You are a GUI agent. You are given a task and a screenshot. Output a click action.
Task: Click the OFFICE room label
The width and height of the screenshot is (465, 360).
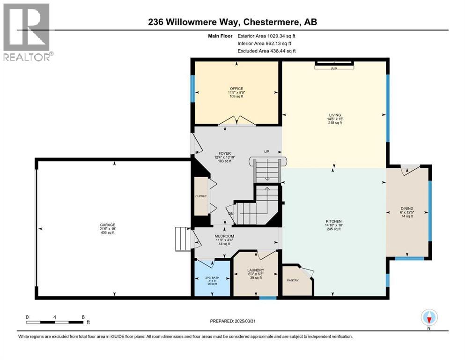[236, 89]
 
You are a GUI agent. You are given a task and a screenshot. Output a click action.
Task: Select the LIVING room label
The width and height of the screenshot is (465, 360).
[334, 115]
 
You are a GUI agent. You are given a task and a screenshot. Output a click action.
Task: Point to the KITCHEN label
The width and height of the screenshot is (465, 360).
[334, 221]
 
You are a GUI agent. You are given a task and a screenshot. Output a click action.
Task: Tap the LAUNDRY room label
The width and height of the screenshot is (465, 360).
[256, 270]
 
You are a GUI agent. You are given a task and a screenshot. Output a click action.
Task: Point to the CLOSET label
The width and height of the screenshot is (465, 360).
[201, 196]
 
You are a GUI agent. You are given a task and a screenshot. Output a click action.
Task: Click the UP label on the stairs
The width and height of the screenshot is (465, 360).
[267, 151]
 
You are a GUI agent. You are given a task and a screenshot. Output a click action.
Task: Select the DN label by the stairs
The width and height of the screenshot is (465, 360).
[231, 214]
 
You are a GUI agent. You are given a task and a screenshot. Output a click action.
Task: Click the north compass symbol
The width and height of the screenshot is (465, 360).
[429, 318]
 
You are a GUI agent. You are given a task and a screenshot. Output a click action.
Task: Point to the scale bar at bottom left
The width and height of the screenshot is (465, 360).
[55, 322]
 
